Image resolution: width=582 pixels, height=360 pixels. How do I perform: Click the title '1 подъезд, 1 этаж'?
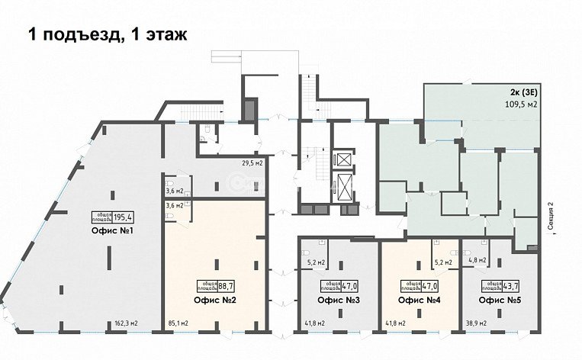click(x=107, y=34)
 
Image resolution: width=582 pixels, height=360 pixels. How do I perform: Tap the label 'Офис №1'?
click(x=113, y=230)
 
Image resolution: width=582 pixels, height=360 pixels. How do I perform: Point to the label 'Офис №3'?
click(x=335, y=300)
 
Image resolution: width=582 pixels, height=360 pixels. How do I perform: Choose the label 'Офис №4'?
click(x=416, y=300)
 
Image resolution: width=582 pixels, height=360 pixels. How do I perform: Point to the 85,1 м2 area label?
click(x=178, y=323)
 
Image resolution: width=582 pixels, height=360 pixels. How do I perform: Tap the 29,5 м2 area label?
click(x=252, y=163)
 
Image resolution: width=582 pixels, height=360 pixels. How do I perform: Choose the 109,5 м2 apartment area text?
click(x=518, y=105)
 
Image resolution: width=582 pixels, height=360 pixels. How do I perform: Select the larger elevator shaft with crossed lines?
click(x=344, y=186)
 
